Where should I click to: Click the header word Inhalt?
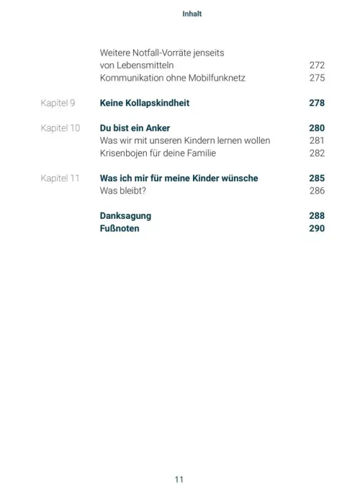tap(179, 14)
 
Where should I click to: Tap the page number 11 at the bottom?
tap(179, 459)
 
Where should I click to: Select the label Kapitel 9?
tap(59, 104)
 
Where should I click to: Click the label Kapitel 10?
tap(60, 128)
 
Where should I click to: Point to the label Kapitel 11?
tap(60, 178)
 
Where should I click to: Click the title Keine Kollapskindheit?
tap(145, 104)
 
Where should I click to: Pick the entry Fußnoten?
tap(120, 228)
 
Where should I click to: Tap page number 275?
tap(316, 78)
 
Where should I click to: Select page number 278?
tap(316, 104)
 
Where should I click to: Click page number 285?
tap(316, 178)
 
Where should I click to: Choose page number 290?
tap(316, 228)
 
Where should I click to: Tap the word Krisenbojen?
tap(125, 153)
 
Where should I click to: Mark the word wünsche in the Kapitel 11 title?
tap(237, 178)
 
